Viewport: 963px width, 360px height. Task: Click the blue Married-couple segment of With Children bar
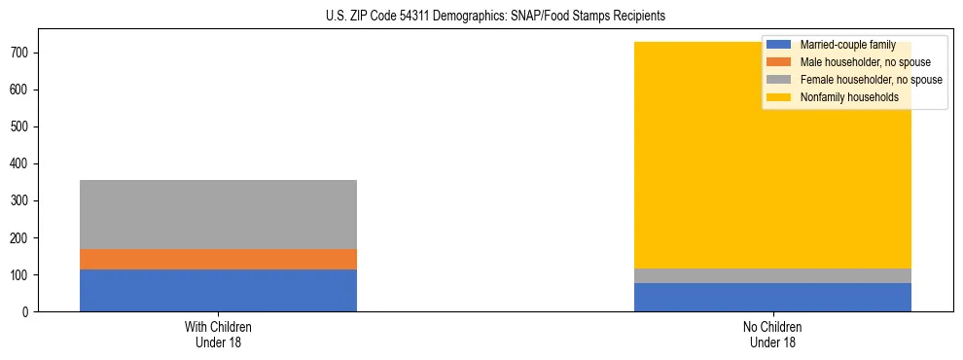(x=218, y=290)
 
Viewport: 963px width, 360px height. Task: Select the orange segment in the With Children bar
(x=218, y=259)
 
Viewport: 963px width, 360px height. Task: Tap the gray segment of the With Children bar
(x=218, y=214)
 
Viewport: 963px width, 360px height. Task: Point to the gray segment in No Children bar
(x=772, y=275)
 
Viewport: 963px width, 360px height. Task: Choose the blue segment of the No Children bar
(x=772, y=297)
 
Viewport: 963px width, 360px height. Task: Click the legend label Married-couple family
(x=845, y=45)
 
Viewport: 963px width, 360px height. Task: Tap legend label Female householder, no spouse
(x=871, y=80)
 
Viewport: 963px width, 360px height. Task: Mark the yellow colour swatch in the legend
(x=779, y=97)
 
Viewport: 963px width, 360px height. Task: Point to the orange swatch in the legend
(x=779, y=62)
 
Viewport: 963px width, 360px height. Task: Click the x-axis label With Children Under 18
(x=218, y=334)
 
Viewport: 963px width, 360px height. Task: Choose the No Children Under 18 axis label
(x=772, y=334)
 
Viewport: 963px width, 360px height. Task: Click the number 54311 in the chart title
(x=412, y=16)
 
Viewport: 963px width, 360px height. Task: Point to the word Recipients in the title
(x=639, y=16)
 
